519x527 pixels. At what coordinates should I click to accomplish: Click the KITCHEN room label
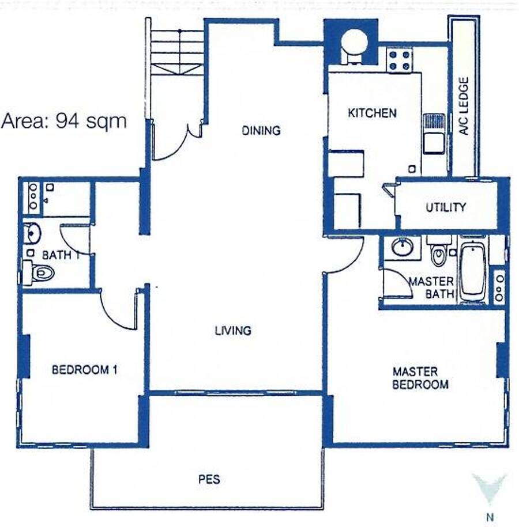(x=372, y=113)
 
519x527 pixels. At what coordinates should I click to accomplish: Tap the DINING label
(x=261, y=130)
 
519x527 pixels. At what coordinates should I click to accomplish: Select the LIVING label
(x=233, y=331)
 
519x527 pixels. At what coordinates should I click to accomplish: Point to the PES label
(x=209, y=479)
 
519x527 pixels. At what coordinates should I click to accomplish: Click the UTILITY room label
(x=446, y=207)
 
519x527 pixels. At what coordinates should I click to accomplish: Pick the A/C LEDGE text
(x=464, y=106)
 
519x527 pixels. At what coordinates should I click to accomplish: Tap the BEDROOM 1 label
(x=84, y=370)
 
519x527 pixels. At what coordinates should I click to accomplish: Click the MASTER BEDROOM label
(x=420, y=378)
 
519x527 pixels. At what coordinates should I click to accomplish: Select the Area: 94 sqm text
(x=63, y=121)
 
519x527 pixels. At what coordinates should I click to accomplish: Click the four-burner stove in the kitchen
(x=399, y=60)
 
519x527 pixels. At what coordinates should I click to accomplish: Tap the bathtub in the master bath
(x=472, y=272)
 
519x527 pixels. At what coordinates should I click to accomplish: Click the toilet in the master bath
(x=439, y=253)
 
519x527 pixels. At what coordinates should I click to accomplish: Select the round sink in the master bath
(x=403, y=247)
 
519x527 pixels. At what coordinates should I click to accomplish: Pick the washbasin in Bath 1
(x=32, y=233)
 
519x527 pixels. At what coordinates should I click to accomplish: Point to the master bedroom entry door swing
(x=347, y=256)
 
